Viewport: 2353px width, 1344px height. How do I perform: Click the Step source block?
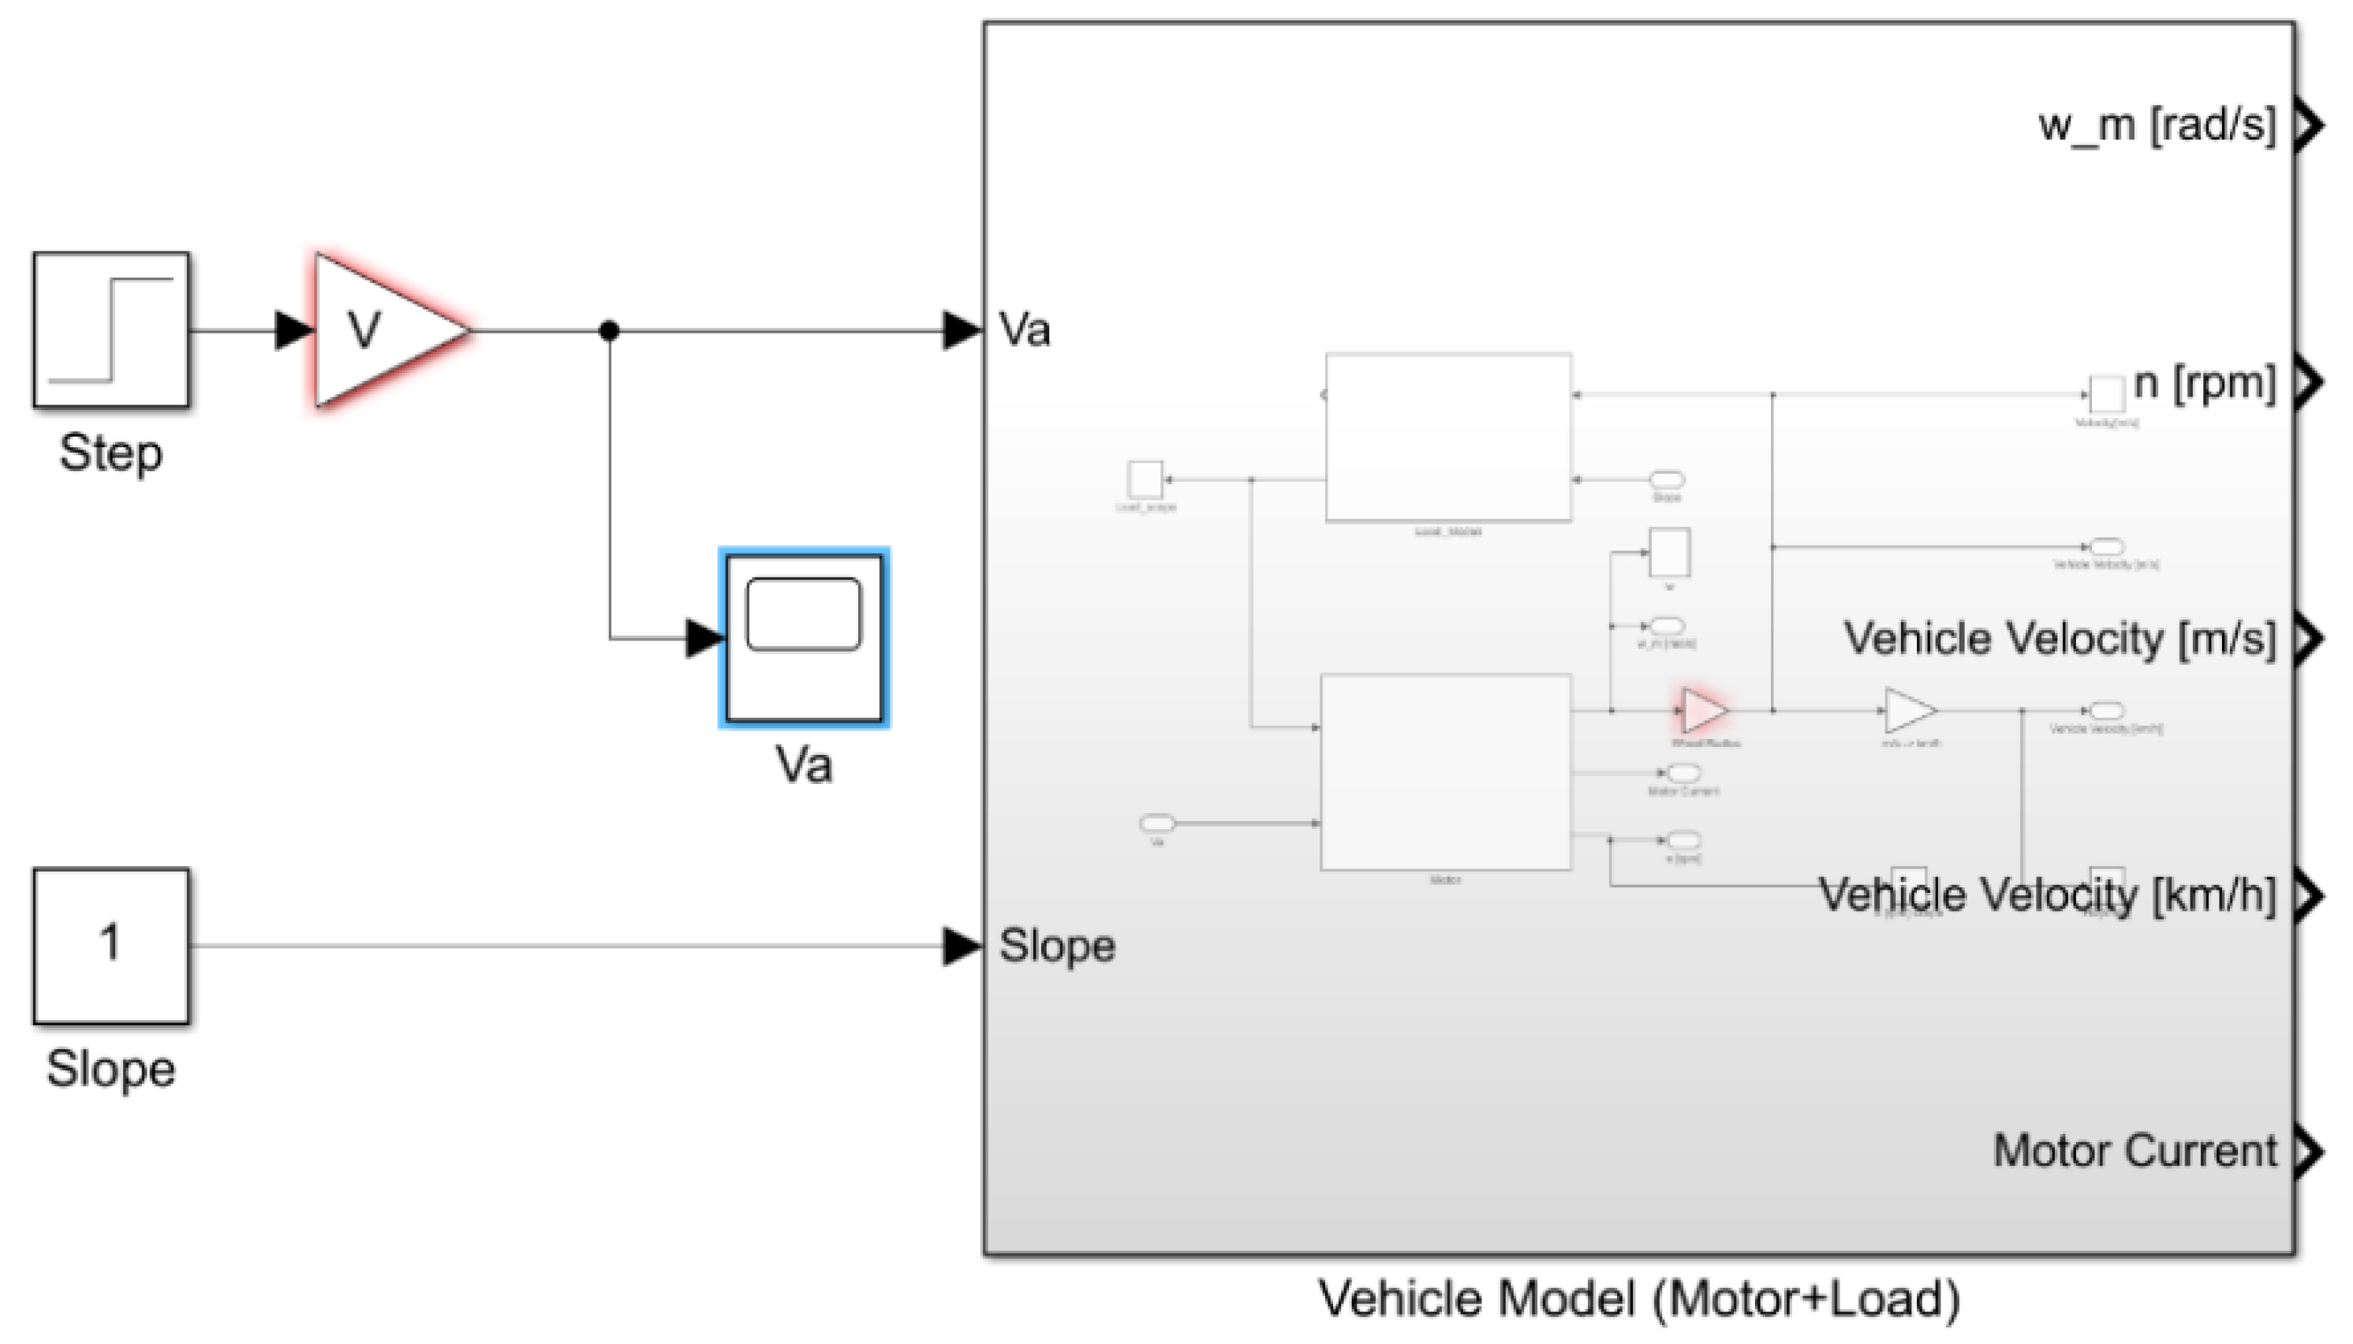point(110,330)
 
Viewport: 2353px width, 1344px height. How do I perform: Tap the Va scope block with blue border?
point(803,637)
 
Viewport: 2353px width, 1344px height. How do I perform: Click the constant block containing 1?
point(110,945)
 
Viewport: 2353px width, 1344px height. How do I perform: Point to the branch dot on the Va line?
point(609,330)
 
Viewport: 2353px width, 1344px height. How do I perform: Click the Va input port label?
point(1025,330)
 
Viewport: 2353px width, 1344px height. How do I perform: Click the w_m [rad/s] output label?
point(2157,125)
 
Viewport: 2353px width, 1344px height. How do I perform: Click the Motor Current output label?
point(2135,1151)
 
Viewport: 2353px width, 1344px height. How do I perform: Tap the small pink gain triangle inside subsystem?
point(1703,711)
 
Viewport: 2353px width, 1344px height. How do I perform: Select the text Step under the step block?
point(110,454)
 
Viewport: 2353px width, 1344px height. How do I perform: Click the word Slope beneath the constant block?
point(110,1069)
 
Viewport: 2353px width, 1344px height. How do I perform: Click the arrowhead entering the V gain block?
point(294,330)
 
